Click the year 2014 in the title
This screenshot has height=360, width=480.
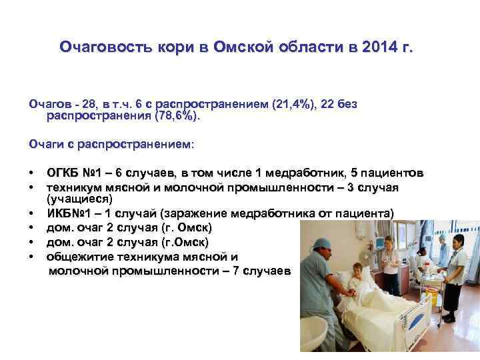point(378,48)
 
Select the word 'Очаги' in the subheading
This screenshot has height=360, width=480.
point(47,144)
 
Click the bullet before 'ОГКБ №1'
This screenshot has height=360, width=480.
point(31,174)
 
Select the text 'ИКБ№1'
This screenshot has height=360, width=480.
point(67,214)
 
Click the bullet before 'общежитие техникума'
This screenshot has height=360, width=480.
point(31,257)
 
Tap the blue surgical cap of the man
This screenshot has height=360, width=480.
point(321,243)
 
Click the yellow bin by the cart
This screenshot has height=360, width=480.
point(433,296)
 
